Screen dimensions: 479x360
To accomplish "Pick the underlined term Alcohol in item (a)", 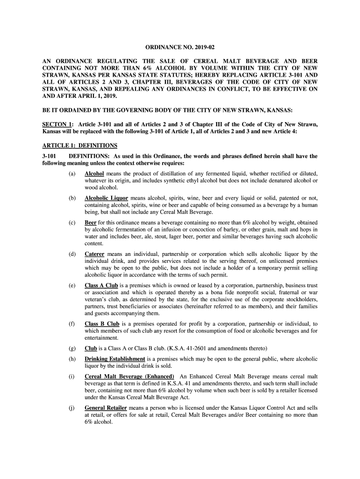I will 94,174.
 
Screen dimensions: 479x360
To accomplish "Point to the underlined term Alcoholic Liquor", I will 106,198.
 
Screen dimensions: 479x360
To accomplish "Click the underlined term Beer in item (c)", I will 91,222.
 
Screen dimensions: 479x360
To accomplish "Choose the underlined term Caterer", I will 94,254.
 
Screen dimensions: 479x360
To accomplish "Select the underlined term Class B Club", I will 102,324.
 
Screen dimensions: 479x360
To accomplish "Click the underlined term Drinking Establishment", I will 115,359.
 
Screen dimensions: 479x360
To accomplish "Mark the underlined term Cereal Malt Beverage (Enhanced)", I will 130,377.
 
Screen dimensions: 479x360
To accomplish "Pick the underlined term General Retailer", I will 106,408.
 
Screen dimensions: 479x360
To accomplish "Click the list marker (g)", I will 72,348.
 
